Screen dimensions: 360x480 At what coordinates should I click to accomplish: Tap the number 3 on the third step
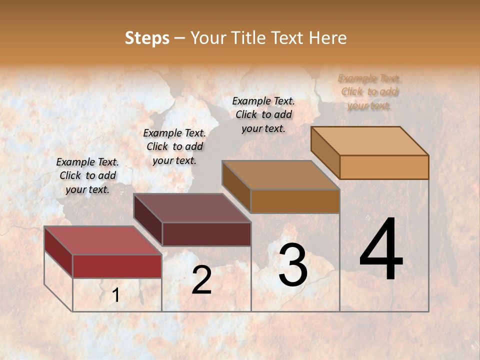point(292,265)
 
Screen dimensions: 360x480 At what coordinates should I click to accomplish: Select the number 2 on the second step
point(201,280)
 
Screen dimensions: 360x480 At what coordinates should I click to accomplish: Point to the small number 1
point(115,295)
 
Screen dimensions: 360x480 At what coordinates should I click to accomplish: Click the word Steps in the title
point(147,38)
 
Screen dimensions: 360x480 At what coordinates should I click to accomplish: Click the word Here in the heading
point(328,38)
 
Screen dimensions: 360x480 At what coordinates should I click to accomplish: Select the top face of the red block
point(102,240)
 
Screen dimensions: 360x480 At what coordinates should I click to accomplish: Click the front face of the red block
point(117,266)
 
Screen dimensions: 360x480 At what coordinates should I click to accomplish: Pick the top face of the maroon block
point(191,208)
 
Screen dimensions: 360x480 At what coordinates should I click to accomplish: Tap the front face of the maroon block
point(206,234)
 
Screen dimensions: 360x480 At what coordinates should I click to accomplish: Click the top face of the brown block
point(280,175)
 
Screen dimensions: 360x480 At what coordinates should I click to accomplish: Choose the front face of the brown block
point(295,201)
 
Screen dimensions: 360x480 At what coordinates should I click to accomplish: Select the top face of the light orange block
point(369,141)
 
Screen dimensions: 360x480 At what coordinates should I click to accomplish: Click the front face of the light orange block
point(384,167)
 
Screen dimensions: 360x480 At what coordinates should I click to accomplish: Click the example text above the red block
point(87,175)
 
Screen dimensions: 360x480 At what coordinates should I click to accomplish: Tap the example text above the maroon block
point(174,146)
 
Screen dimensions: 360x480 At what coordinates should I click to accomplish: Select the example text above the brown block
point(263,114)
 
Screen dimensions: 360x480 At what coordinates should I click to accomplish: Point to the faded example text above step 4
point(369,92)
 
